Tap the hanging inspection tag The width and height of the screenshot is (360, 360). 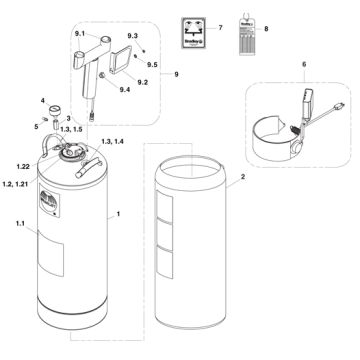click(243, 27)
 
